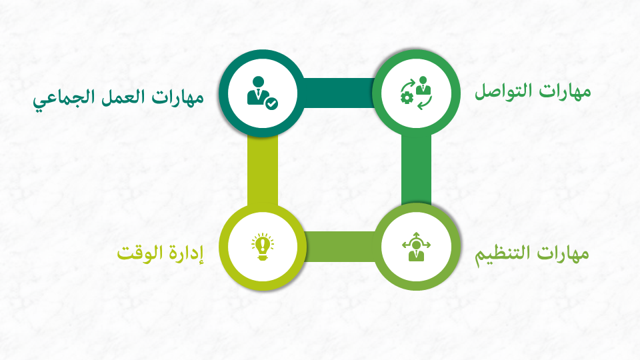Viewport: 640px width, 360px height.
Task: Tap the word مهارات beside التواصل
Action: [565, 91]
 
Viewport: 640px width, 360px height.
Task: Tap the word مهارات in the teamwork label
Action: [177, 98]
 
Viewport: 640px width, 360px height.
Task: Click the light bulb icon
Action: [263, 247]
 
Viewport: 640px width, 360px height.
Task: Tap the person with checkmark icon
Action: [262, 93]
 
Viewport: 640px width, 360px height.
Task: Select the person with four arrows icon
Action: [416, 246]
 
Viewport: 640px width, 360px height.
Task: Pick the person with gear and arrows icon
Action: [416, 93]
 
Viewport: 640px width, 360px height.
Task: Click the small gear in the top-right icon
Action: [407, 97]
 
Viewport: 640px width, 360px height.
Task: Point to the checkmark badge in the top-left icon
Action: [271, 104]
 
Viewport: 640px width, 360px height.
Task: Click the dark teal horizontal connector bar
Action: [339, 93]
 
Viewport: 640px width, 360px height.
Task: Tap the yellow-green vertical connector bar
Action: [263, 170]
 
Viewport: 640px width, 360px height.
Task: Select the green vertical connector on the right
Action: [416, 170]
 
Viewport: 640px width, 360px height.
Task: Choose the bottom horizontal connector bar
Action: [339, 247]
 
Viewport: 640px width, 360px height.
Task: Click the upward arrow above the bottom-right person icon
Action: [416, 235]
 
